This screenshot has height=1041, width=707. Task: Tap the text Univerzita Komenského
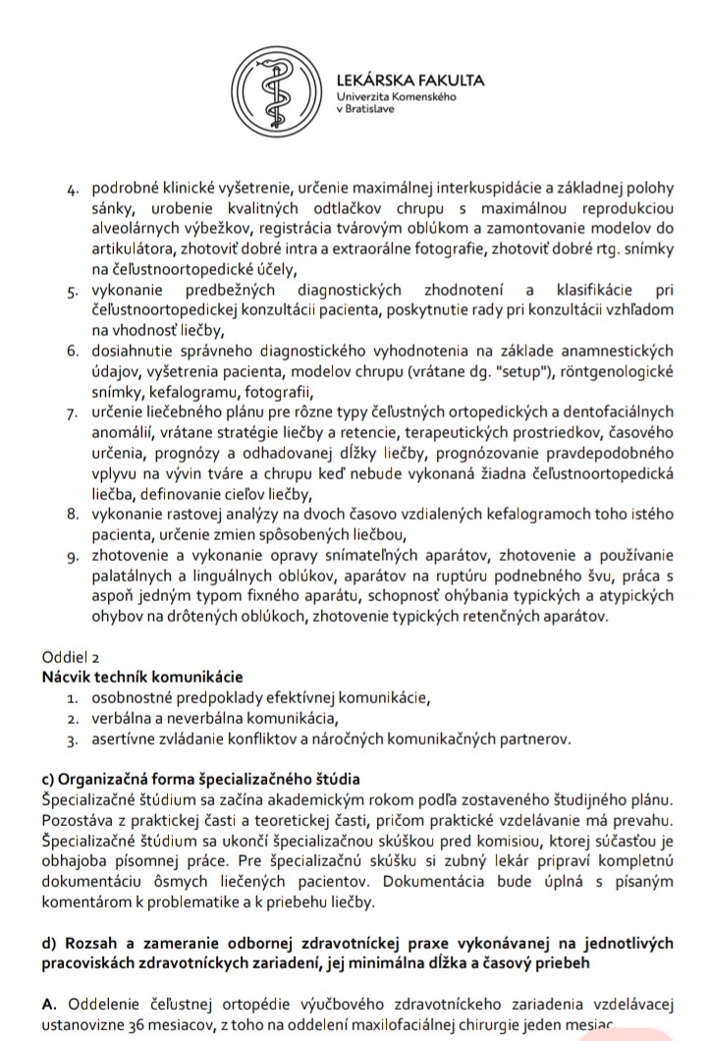(396, 98)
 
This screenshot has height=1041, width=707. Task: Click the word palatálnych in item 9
(134, 577)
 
